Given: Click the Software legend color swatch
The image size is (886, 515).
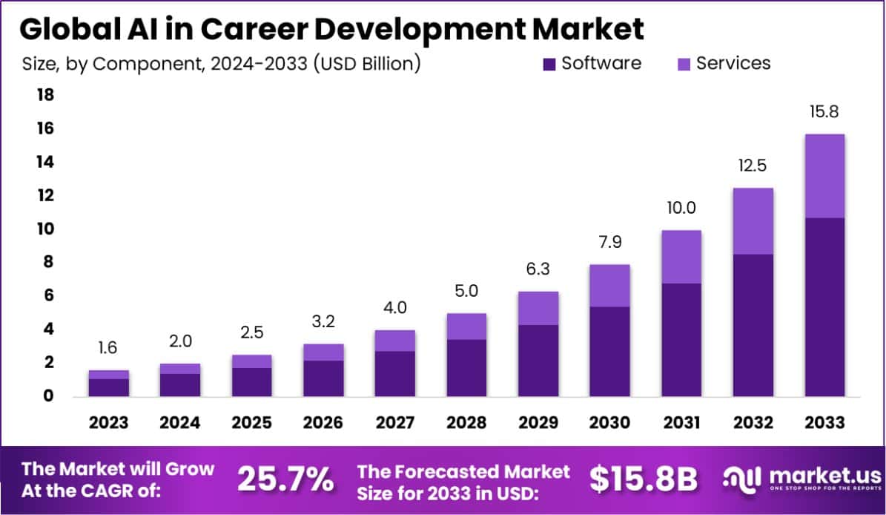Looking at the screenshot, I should pyautogui.click(x=549, y=64).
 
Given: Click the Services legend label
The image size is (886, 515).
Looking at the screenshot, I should pyautogui.click(x=733, y=63).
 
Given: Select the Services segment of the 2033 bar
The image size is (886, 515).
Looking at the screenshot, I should pyautogui.click(x=824, y=176).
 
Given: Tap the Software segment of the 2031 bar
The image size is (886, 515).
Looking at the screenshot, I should pyautogui.click(x=681, y=339).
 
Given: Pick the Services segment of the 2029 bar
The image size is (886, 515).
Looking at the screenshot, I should pyautogui.click(x=538, y=308).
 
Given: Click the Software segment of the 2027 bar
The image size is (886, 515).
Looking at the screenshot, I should pyautogui.click(x=394, y=373).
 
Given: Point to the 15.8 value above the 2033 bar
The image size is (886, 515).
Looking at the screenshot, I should pyautogui.click(x=824, y=114).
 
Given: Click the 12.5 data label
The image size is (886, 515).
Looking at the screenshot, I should pyautogui.click(x=753, y=168).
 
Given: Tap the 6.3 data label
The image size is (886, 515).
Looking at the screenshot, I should pyautogui.click(x=538, y=270).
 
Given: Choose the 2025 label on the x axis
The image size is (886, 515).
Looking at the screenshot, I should pyautogui.click(x=251, y=422).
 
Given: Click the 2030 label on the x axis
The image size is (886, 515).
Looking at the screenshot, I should pyautogui.click(x=609, y=422).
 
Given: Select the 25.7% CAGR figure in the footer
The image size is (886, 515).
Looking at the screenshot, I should pyautogui.click(x=285, y=480).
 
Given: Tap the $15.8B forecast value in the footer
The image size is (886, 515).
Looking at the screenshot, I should pyautogui.click(x=643, y=480).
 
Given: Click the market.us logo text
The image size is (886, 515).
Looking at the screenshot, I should pyautogui.click(x=816, y=475).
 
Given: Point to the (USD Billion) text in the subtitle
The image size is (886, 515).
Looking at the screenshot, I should pyautogui.click(x=366, y=64).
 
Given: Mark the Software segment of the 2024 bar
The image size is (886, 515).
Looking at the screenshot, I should pyautogui.click(x=180, y=384).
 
